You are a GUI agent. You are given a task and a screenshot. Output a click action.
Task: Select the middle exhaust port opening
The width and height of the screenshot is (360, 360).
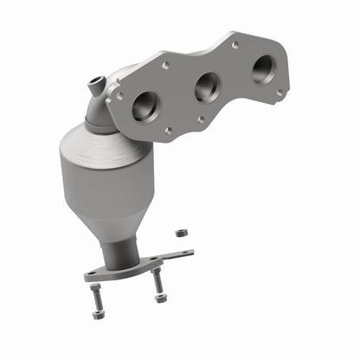tap(206, 87)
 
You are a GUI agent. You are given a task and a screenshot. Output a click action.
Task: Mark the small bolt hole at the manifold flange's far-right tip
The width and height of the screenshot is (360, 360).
tap(279, 91)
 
